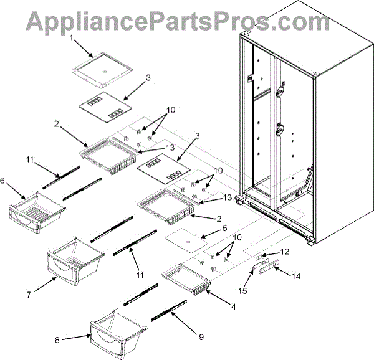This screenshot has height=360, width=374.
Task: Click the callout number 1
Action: pos(72,38)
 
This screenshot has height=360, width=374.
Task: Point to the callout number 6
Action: pos(4,181)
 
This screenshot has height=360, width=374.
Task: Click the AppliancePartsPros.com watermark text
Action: pos(186,20)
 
